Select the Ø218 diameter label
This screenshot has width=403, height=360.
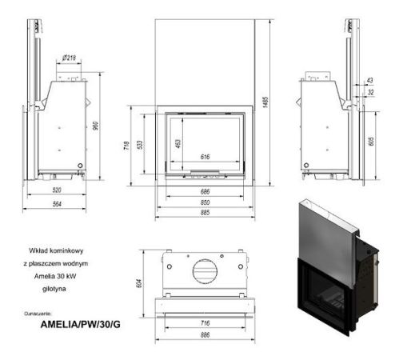pos(69,58)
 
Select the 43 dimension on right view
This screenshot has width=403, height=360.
pos(369,82)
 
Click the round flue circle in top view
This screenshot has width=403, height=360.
pos(205,268)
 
